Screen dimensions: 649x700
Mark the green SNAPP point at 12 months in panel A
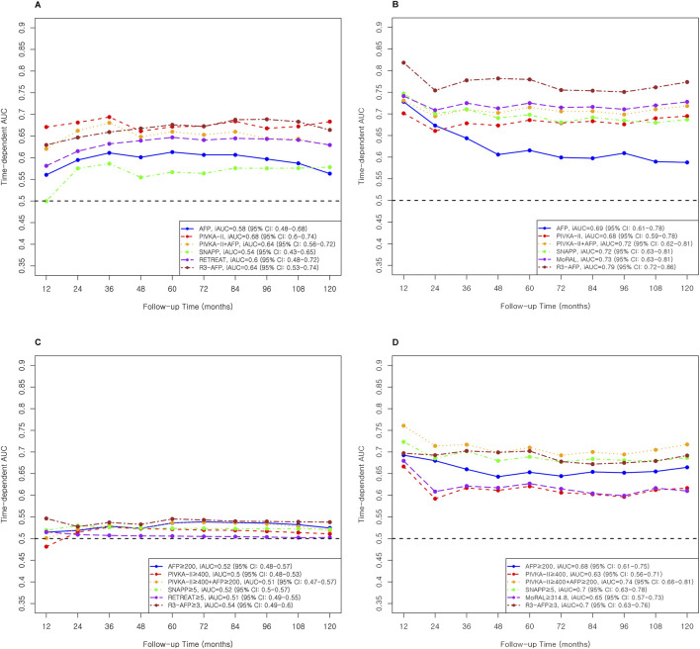tap(46, 201)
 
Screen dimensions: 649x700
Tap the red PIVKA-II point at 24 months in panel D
tap(435, 499)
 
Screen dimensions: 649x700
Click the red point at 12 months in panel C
tap(46, 546)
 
